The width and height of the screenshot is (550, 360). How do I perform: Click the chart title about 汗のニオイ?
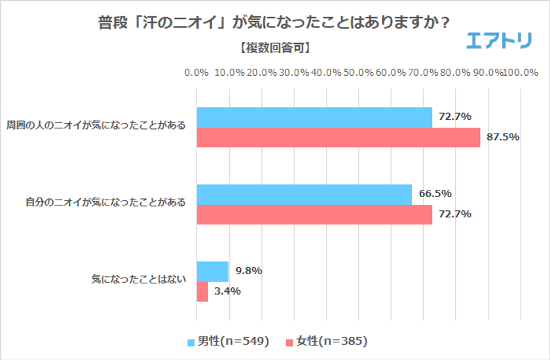pyautogui.click(x=274, y=22)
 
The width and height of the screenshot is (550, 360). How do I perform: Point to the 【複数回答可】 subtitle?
pyautogui.click(x=274, y=48)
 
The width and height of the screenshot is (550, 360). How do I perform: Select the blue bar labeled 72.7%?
pyautogui.click(x=314, y=117)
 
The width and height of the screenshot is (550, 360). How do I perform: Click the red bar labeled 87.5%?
pyautogui.click(x=338, y=137)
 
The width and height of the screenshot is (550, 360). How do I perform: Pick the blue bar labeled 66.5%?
pyautogui.click(x=304, y=194)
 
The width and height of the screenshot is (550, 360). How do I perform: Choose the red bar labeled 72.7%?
pyautogui.click(x=314, y=215)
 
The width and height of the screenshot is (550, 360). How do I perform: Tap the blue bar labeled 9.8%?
pyautogui.click(x=213, y=271)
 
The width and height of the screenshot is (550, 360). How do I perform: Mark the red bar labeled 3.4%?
pyautogui.click(x=202, y=291)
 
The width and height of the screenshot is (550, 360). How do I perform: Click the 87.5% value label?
pyautogui.click(x=503, y=137)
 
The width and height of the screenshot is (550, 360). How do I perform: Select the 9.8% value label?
pyautogui.click(x=249, y=271)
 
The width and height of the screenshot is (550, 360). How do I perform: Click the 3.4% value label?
pyautogui.click(x=229, y=291)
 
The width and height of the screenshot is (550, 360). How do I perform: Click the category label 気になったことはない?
pyautogui.click(x=139, y=280)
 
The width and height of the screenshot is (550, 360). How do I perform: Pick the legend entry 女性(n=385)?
pyautogui.click(x=326, y=341)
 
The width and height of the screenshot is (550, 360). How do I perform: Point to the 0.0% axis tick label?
pyautogui.click(x=196, y=72)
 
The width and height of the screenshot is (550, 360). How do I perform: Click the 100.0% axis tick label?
pyautogui.click(x=521, y=72)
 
